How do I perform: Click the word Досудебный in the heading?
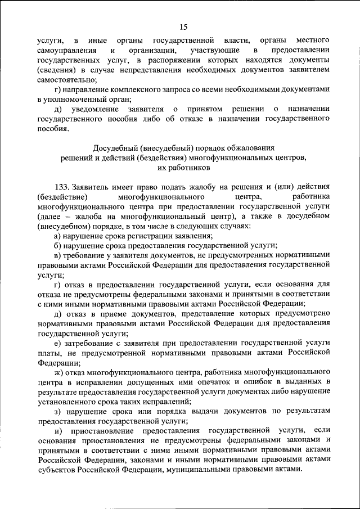point(111,147)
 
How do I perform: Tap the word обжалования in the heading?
point(249,147)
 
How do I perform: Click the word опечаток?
point(228,382)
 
